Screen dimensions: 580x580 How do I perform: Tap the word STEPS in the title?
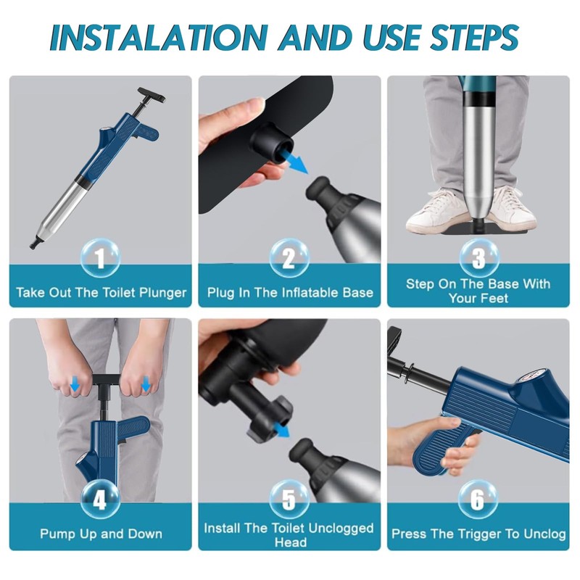tap(474, 37)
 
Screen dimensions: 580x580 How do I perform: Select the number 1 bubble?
tap(100, 257)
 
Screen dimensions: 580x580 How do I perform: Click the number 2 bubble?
tap(289, 257)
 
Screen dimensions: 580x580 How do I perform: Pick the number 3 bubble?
tap(478, 257)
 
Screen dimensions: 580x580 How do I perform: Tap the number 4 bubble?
tap(100, 500)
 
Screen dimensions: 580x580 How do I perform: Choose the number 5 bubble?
tap(289, 500)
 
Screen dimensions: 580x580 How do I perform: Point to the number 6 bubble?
tap(478, 500)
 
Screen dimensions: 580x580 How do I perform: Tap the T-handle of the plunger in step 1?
tap(152, 96)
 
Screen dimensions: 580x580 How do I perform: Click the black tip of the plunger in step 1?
tap(35, 244)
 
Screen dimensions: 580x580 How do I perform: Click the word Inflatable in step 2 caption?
tap(310, 293)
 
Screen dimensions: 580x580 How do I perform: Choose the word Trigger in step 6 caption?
tap(481, 534)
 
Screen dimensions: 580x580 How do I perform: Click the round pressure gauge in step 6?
tap(530, 379)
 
